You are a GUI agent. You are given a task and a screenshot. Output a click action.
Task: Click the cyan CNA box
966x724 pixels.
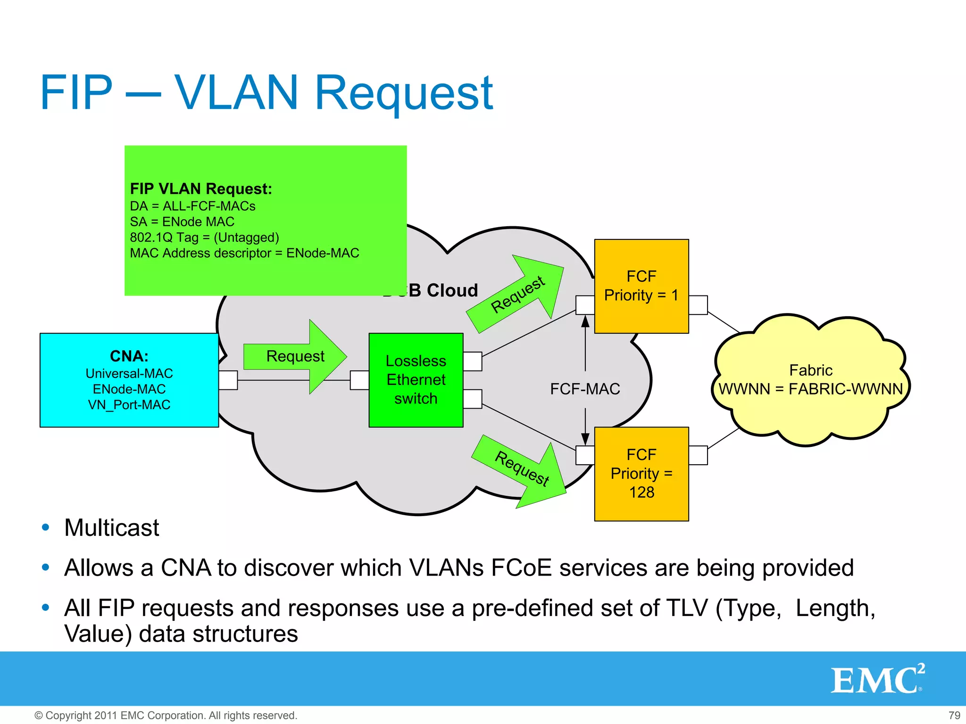(129, 380)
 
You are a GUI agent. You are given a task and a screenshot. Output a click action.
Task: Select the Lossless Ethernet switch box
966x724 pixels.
(416, 380)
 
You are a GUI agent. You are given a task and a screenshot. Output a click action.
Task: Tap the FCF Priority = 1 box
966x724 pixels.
(641, 286)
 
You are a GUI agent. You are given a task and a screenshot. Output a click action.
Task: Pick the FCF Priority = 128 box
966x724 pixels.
(641, 473)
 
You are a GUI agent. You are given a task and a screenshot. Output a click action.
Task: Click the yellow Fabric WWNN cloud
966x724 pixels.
(810, 380)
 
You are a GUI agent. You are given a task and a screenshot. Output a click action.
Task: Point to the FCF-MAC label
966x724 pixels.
(585, 389)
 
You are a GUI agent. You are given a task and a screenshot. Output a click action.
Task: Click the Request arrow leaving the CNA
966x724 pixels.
(295, 356)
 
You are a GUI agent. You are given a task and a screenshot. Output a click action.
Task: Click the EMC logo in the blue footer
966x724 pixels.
(877, 679)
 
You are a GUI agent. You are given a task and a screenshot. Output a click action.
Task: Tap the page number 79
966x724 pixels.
(954, 716)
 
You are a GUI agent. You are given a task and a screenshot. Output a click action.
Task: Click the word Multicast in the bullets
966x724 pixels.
(112, 527)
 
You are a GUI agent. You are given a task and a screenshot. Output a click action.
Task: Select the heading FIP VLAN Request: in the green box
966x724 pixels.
(201, 189)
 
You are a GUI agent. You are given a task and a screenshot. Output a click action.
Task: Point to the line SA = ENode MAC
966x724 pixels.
(182, 222)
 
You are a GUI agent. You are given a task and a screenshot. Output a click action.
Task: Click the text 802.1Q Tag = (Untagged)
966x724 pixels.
(204, 237)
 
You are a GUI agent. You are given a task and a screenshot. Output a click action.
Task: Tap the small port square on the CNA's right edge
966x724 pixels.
(228, 380)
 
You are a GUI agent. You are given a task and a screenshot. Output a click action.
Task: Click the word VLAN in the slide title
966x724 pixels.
(236, 92)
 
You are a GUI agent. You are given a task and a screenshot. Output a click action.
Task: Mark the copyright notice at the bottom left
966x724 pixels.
(166, 716)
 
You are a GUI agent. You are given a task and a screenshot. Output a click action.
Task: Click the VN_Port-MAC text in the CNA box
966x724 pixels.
(129, 405)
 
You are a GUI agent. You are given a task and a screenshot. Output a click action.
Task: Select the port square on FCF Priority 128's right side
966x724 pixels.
(698, 455)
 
